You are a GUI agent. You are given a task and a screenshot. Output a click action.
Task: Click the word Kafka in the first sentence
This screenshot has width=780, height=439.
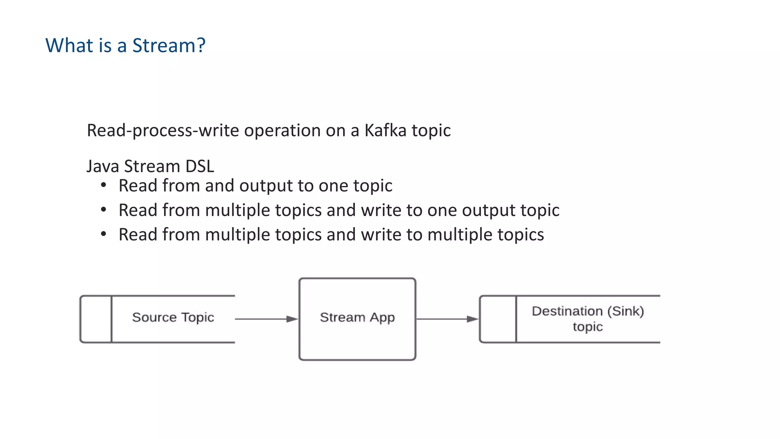click(385, 131)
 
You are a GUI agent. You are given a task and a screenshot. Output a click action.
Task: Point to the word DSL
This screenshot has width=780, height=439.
click(200, 167)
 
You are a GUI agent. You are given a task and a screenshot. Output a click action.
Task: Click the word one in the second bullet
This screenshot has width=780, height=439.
click(442, 211)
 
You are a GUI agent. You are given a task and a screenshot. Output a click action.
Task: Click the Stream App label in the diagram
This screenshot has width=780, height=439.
click(357, 317)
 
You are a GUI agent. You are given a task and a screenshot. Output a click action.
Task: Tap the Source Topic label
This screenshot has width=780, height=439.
click(173, 317)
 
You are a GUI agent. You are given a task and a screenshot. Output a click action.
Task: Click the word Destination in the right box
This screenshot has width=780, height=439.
click(567, 311)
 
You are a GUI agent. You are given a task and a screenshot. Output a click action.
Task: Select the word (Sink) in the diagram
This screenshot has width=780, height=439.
click(625, 311)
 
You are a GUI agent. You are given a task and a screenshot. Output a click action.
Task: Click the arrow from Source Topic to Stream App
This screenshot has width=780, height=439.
click(267, 319)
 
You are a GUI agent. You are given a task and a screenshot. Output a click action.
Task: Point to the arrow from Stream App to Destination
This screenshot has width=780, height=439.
click(447, 319)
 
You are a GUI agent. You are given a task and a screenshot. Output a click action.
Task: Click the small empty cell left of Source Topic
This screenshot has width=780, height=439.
click(96, 319)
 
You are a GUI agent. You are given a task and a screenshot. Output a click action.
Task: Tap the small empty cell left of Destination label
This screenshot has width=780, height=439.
click(498, 319)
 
